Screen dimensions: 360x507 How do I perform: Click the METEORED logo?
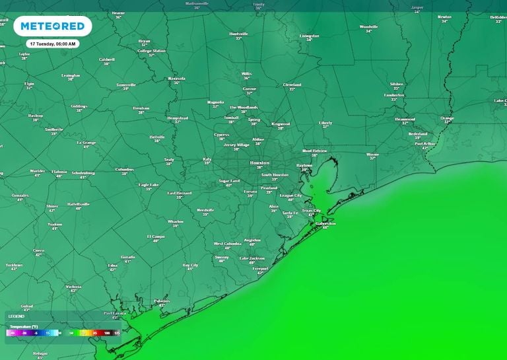pos(52,26)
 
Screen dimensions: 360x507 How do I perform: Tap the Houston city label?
pos(259,162)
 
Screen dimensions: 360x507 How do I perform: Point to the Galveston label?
pos(325,223)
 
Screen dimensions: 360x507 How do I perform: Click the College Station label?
pos(151,51)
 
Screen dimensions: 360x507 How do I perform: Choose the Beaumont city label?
pos(405,119)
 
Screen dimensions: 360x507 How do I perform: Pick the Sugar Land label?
pos(228,180)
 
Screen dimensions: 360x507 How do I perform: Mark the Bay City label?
pos(190,265)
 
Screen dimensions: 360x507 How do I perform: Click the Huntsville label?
pos(238,34)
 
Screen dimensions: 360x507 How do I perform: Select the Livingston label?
pos(309,36)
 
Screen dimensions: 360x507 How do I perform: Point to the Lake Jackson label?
pos(252,258)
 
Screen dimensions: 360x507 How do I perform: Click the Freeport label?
pos(260,269)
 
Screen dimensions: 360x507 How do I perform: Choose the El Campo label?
pos(156,236)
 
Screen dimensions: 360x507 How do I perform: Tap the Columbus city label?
pos(124,169)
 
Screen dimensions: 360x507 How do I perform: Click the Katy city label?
pos(207,159)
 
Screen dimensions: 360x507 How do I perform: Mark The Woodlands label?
pos(243,107)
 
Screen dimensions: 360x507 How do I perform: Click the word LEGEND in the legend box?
pos(16,316)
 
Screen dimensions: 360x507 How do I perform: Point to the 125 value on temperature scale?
pos(116,334)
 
